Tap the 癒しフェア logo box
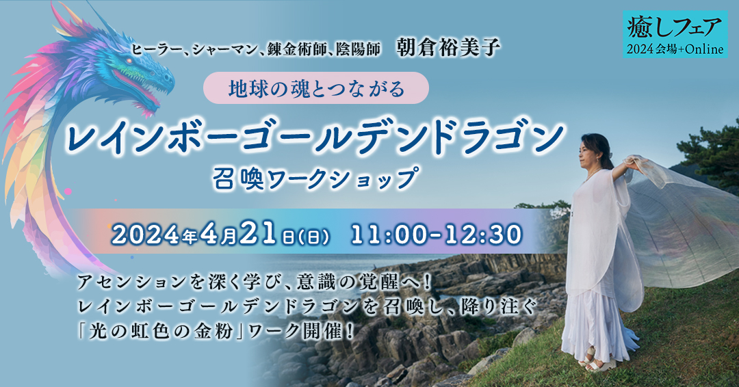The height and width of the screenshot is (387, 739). [x=675, y=34]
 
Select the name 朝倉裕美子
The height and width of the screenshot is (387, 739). [x=448, y=48]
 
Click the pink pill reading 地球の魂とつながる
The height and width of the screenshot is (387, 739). [x=315, y=88]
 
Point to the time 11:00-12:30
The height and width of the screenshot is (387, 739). [x=437, y=235]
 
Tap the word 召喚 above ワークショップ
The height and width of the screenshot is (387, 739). [x=237, y=179]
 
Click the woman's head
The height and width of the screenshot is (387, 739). [x=596, y=152]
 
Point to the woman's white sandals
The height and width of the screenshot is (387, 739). [x=597, y=360]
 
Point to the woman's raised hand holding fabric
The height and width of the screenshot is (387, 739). [x=632, y=163]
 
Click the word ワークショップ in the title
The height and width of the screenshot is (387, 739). [x=341, y=179]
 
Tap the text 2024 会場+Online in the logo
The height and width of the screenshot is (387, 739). [x=675, y=49]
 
